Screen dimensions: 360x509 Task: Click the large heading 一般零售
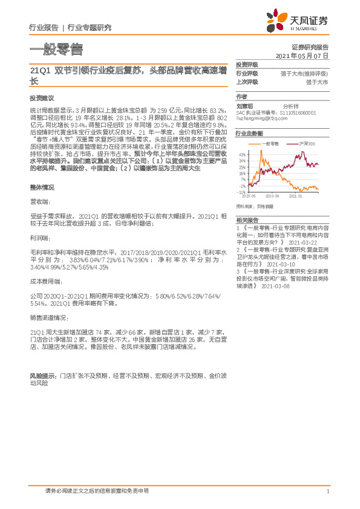click(56, 49)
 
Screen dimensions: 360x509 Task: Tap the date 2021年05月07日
click(302, 55)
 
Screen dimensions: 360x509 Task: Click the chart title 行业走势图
click(249, 132)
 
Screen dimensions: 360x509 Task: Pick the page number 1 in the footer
click(327, 491)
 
